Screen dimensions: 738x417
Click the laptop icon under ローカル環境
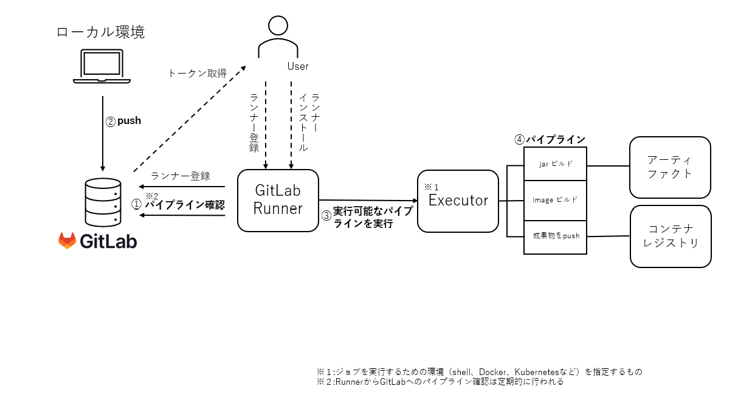coord(102,66)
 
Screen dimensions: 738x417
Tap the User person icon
coord(278,36)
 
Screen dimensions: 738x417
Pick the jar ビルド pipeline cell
coord(555,164)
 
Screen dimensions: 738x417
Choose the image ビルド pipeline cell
coord(555,200)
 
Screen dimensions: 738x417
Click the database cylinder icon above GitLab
coord(103,202)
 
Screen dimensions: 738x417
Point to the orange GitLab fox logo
coord(67,241)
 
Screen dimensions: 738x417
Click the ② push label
coord(123,121)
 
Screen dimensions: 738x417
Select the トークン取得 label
coord(198,73)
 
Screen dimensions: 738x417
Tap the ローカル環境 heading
coord(100,32)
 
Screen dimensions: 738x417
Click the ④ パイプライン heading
coord(550,139)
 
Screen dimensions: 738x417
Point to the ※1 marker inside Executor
coord(431,187)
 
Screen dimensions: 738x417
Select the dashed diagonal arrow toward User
coord(190,119)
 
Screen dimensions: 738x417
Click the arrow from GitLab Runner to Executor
coord(368,200)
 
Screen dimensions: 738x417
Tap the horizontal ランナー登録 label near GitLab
coord(181,176)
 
